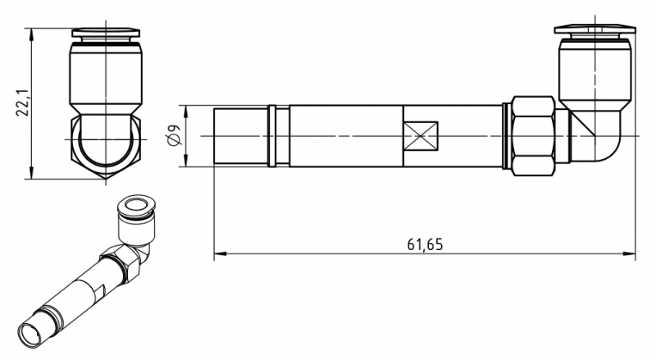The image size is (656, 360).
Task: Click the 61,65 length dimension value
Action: click(x=425, y=244)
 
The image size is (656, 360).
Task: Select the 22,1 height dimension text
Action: click(x=22, y=103)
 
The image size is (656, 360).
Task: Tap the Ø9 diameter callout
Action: click(x=174, y=134)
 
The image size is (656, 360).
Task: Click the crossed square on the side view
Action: click(x=421, y=136)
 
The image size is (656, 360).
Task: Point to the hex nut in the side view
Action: click(x=534, y=136)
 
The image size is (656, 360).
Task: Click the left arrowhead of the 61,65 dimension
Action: click(x=220, y=253)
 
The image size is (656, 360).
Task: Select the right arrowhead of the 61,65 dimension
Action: click(x=629, y=253)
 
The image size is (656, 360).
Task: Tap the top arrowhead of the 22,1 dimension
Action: click(x=31, y=35)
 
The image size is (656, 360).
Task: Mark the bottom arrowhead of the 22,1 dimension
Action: click(x=31, y=172)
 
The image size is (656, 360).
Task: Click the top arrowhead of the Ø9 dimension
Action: click(x=185, y=112)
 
